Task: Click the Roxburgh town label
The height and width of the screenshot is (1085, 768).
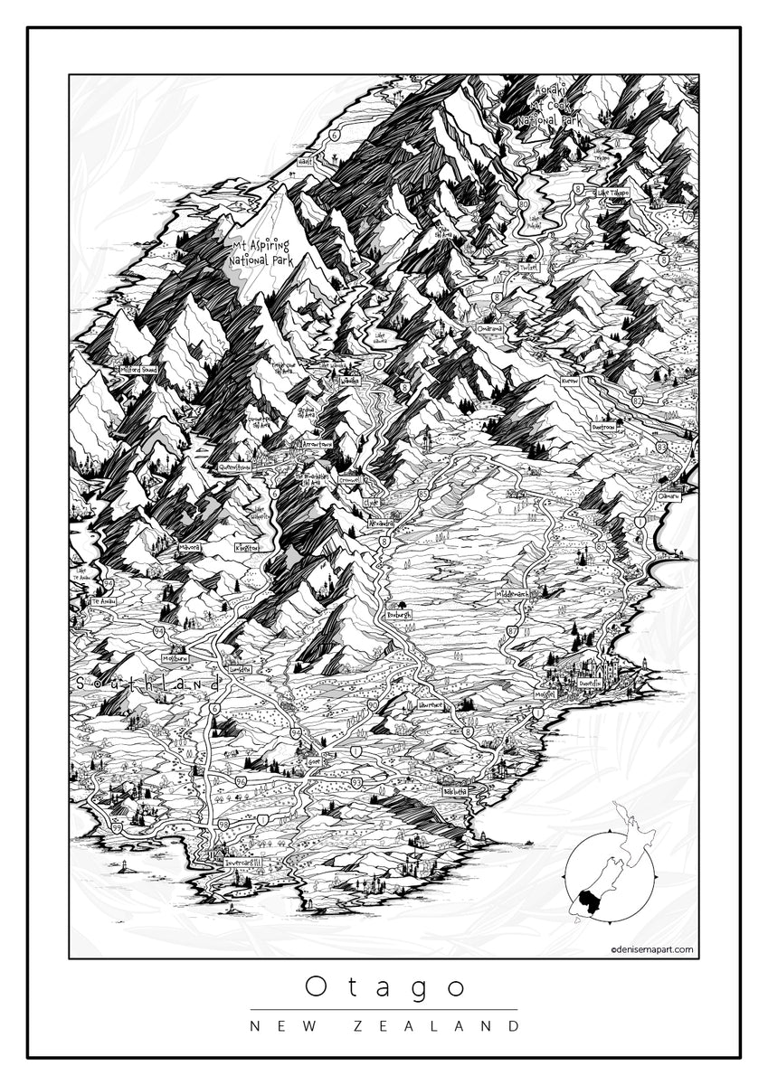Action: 398,614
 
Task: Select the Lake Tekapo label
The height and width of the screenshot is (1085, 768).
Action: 613,193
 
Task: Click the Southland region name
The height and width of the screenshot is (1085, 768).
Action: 147,684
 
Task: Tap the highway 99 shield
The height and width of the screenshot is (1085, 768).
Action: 117,827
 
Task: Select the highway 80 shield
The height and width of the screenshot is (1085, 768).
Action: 524,203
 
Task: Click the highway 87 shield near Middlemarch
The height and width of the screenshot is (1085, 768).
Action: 513,631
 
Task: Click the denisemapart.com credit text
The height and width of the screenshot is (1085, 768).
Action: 652,949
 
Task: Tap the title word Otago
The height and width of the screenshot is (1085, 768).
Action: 384,986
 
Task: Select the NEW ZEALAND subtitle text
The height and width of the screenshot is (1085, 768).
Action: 384,1025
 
